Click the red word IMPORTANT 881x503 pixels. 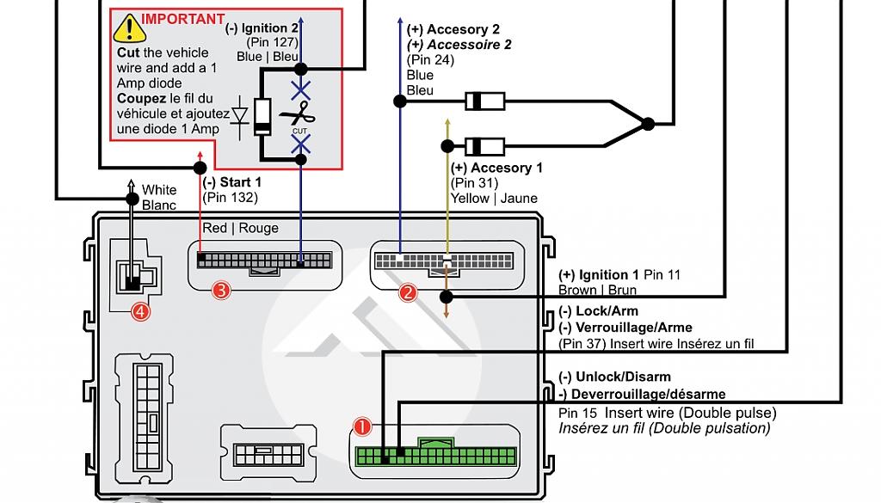[x=183, y=19]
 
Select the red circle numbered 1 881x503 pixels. [x=362, y=426]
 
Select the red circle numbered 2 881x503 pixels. [x=408, y=292]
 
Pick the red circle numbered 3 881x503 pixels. [x=221, y=291]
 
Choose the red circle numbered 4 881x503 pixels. [x=139, y=311]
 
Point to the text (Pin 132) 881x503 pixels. [x=230, y=198]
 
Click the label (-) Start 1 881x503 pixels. [x=231, y=182]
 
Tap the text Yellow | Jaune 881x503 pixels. [x=494, y=199]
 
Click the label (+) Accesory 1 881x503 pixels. [x=496, y=169]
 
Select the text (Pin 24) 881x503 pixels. [x=430, y=60]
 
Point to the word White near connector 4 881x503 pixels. [x=159, y=190]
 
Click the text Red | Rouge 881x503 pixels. [x=241, y=228]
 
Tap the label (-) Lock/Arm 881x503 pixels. [x=599, y=311]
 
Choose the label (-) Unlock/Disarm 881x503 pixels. [x=614, y=377]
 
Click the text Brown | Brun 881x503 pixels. [x=597, y=291]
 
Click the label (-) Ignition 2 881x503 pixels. [x=262, y=28]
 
